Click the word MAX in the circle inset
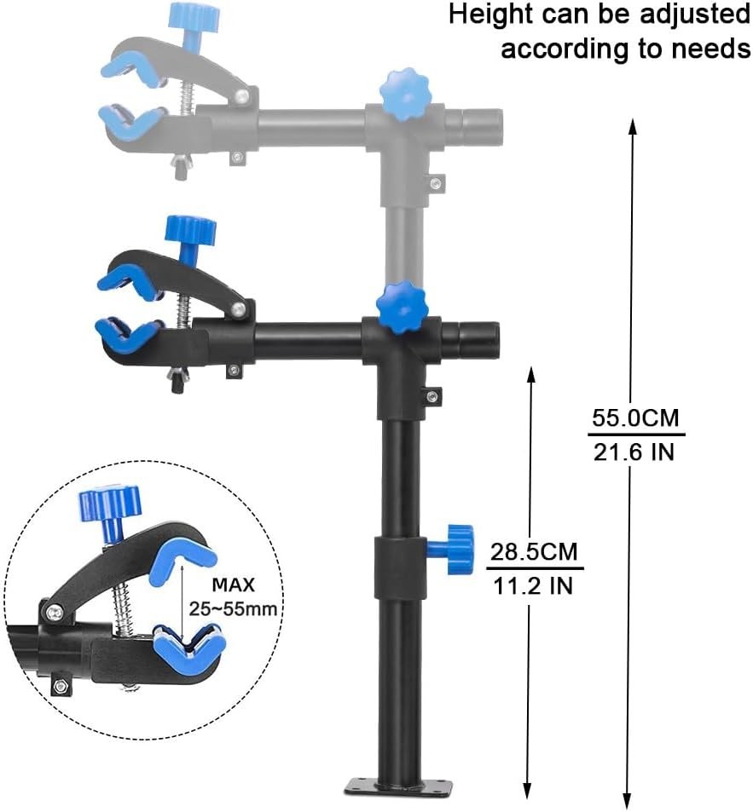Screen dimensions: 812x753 (235, 586)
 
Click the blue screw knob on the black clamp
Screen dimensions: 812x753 (189, 231)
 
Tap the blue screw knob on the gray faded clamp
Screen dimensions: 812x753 (194, 16)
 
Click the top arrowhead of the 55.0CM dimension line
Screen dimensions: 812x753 (633, 125)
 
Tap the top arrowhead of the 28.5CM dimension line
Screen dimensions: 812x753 (530, 373)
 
